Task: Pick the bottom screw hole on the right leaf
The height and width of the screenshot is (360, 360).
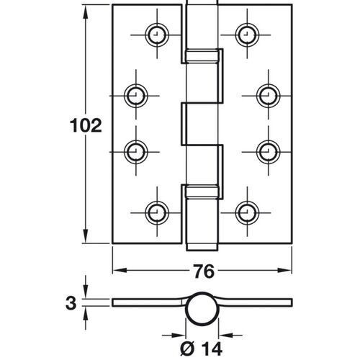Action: coord(246,212)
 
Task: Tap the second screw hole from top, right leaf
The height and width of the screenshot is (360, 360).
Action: coord(266,94)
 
